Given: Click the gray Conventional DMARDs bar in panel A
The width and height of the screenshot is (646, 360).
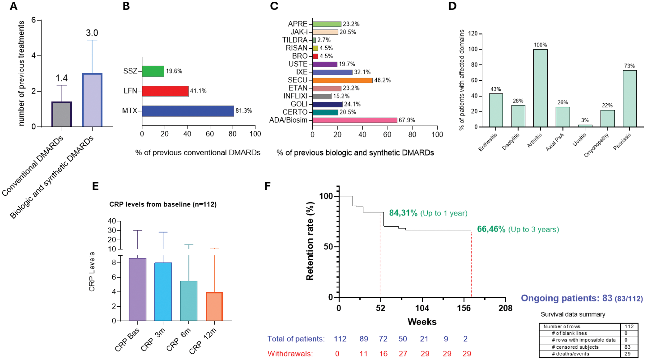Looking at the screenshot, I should pyautogui.click(x=62, y=114).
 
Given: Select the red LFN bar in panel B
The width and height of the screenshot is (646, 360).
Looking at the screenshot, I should pyautogui.click(x=165, y=91).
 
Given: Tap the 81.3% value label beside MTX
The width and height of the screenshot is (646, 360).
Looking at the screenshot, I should pyautogui.click(x=243, y=111).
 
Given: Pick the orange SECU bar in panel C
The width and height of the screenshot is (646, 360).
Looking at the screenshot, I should pyautogui.click(x=342, y=80).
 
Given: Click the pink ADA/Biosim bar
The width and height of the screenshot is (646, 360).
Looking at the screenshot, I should pyautogui.click(x=354, y=120).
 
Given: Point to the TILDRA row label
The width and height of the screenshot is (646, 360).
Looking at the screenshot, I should pyautogui.click(x=295, y=40).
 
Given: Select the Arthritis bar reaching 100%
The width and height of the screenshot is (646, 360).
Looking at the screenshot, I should pyautogui.click(x=540, y=88).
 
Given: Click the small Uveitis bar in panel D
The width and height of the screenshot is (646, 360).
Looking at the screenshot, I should pyautogui.click(x=585, y=126).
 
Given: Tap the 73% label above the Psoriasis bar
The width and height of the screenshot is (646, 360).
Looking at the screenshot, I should pyautogui.click(x=629, y=66).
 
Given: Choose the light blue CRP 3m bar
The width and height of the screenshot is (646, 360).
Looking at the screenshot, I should pyautogui.click(x=163, y=291).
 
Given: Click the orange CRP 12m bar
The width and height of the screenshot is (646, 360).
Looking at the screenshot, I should pyautogui.click(x=214, y=306).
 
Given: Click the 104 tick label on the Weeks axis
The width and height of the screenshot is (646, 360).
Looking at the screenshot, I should pyautogui.click(x=422, y=308).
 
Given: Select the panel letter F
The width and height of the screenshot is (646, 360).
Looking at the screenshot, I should pyautogui.click(x=267, y=186).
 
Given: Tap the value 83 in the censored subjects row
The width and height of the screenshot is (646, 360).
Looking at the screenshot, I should pyautogui.click(x=627, y=347).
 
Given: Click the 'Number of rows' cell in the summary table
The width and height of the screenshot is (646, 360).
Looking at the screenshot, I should pyautogui.click(x=562, y=327).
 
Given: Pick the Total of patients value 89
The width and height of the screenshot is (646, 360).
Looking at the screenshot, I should pyautogui.click(x=364, y=339).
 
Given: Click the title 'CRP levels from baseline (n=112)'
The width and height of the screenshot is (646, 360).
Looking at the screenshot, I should pyautogui.click(x=163, y=204).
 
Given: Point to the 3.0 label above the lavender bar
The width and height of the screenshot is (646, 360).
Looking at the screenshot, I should pyautogui.click(x=92, y=33).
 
